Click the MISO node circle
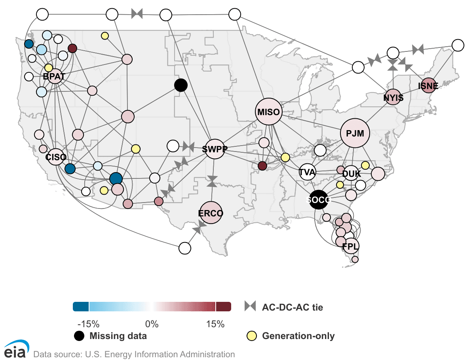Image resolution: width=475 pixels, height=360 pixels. [268, 112]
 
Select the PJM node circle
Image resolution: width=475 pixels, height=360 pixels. [355, 133]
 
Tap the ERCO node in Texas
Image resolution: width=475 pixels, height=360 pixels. [211, 212]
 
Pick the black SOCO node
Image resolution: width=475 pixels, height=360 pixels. [318, 200]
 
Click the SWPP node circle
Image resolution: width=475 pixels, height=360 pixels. [215, 149]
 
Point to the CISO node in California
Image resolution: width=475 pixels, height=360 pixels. [56, 157]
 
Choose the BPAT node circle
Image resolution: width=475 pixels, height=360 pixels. [55, 76]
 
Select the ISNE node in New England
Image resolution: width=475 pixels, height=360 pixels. [428, 85]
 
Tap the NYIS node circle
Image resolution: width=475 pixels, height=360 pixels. [393, 97]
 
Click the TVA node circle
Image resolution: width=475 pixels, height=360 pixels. [307, 172]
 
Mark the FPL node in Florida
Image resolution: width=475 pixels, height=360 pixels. [351, 246]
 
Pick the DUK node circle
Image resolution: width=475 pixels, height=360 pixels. [351, 173]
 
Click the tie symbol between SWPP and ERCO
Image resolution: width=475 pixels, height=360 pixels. [212, 181]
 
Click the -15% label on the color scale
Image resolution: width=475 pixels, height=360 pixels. [88, 324]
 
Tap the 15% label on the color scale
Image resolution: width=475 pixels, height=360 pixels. [215, 324]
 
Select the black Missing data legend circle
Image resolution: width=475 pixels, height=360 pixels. [79, 336]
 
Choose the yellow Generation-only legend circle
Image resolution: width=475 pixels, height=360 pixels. [252, 336]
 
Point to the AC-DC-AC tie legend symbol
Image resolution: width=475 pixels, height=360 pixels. [250, 306]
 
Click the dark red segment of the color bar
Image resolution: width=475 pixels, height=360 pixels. [224, 307]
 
